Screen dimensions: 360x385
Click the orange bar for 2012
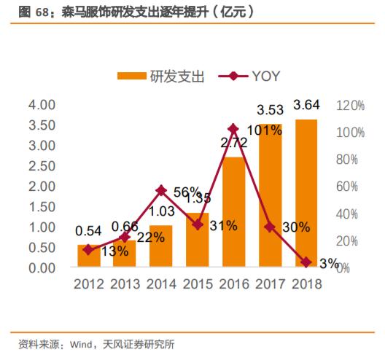(89, 256)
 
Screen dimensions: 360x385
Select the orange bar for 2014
(161, 246)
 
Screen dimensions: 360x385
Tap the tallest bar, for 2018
(306, 193)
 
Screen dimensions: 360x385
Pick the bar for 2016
(233, 212)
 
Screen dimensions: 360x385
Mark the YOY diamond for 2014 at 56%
(161, 190)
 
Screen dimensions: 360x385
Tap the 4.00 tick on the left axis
(41, 105)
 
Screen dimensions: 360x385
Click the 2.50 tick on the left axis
(41, 166)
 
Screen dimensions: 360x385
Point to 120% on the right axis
(351, 105)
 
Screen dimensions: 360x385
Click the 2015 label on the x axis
(198, 284)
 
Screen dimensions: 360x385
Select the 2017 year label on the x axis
(270, 284)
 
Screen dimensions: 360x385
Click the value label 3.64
(306, 106)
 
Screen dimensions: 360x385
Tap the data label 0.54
(89, 231)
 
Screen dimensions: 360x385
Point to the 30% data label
(295, 227)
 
